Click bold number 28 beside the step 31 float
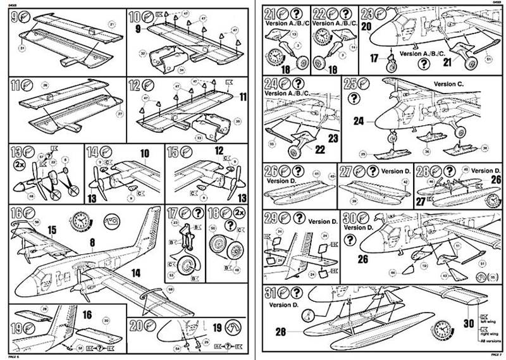click(x=280, y=331)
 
